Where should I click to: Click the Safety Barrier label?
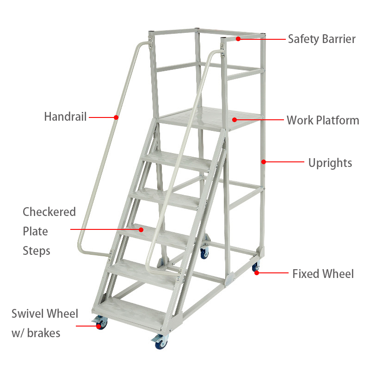321,39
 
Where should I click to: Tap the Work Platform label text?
323,120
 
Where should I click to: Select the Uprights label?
330,163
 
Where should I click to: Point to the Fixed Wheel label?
323,274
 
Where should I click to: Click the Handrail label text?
65,117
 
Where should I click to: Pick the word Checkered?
49,212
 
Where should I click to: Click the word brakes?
43,333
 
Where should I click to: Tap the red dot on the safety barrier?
238,39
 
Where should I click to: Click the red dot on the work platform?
234,120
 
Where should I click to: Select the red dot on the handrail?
116,117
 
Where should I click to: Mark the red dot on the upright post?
264,162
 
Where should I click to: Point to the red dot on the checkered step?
141,229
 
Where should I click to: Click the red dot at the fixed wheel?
257,273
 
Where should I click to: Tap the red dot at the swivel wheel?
99,326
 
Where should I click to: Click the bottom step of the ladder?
131,311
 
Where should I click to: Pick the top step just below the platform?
178,161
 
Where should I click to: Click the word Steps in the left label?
37,251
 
